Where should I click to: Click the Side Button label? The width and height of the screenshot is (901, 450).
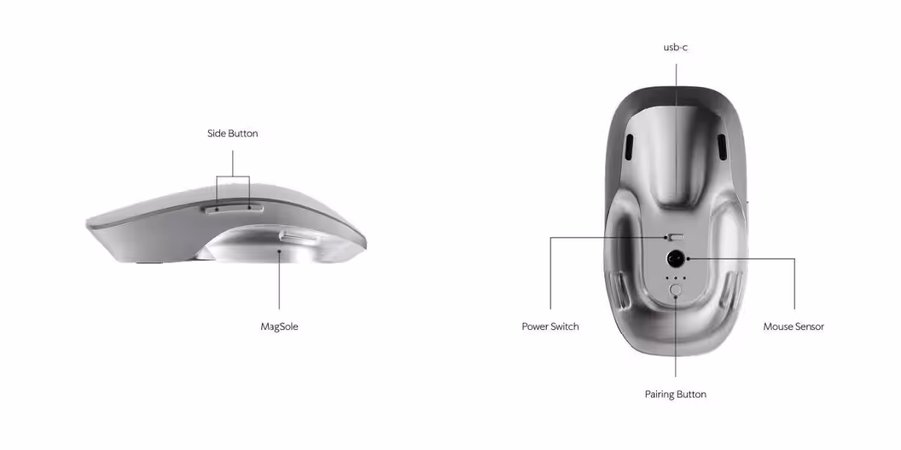pyautogui.click(x=233, y=133)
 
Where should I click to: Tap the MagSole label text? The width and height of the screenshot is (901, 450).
pyautogui.click(x=279, y=327)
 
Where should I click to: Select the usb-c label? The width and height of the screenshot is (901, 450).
pyautogui.click(x=675, y=47)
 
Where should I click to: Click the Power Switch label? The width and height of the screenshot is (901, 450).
pyautogui.click(x=550, y=327)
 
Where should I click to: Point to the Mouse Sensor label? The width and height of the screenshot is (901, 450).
pyautogui.click(x=794, y=327)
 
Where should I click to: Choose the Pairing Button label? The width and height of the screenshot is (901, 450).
pyautogui.click(x=675, y=394)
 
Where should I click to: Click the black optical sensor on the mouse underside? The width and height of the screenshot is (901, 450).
pyautogui.click(x=676, y=259)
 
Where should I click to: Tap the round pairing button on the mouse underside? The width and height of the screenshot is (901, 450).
pyautogui.click(x=676, y=289)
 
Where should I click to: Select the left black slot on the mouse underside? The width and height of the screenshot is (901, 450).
pyautogui.click(x=629, y=147)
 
